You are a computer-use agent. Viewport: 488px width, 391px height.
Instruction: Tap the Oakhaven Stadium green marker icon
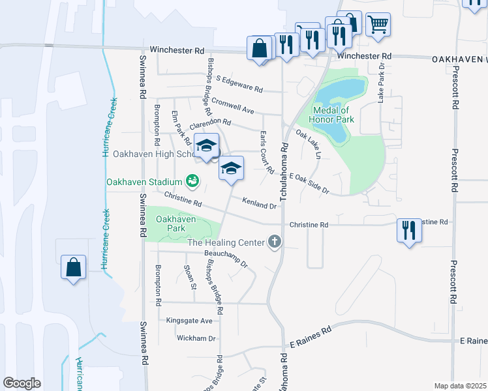click(x=192, y=180)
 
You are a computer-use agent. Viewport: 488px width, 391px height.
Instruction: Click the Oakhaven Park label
click(x=176, y=224)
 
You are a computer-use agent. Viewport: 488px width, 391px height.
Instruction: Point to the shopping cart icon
click(x=378, y=25)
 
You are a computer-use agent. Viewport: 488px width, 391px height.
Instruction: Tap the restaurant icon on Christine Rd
click(x=409, y=230)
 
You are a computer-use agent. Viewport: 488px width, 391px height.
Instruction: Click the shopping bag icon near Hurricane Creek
click(x=73, y=267)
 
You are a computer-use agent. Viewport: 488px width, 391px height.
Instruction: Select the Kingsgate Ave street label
click(x=189, y=321)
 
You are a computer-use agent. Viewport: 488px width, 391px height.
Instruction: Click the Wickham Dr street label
click(x=196, y=338)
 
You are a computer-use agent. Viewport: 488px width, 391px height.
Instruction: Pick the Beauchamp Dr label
click(x=226, y=259)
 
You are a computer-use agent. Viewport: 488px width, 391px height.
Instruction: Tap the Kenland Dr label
click(x=260, y=204)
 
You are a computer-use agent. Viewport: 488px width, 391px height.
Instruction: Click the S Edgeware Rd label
click(x=239, y=84)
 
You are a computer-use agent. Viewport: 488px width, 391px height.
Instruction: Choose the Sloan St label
click(x=190, y=277)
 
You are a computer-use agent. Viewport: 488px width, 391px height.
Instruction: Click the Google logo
click(x=22, y=383)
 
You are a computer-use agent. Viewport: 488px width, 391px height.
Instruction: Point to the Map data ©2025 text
click(x=460, y=386)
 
